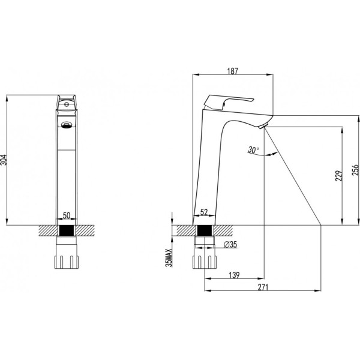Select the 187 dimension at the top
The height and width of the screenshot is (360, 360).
(x=233, y=71)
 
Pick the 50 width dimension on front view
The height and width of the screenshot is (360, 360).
(x=67, y=215)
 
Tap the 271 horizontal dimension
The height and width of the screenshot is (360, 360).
(x=262, y=288)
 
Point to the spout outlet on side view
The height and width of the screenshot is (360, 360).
(x=262, y=125)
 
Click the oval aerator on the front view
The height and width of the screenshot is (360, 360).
(x=67, y=125)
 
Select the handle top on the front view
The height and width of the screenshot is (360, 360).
(x=66, y=101)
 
